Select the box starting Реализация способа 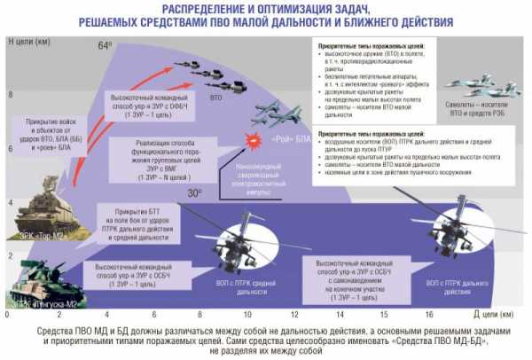163,145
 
